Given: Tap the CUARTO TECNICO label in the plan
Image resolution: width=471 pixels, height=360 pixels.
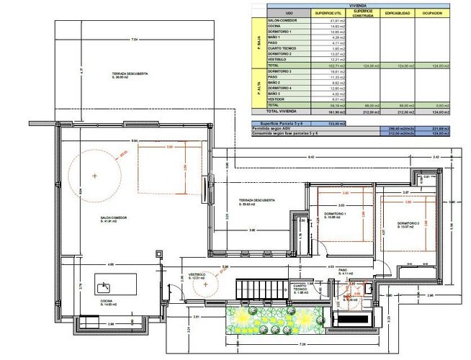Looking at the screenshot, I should tap(301, 289).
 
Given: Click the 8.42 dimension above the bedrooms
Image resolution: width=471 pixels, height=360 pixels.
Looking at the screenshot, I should tap(310, 156).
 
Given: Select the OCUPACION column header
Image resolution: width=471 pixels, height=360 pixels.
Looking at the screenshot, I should tap(432, 13).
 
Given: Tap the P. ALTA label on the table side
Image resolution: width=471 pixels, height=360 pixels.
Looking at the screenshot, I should tap(257, 88).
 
